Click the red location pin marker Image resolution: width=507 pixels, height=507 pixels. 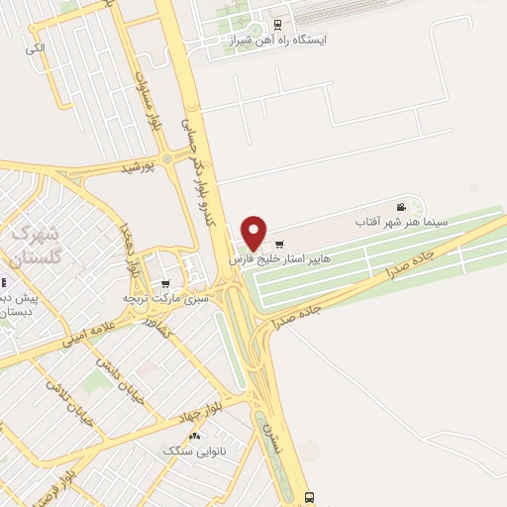coord(254,232)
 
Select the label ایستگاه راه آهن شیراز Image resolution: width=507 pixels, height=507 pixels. coord(280,41)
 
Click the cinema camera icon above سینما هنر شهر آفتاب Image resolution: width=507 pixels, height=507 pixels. coord(401,207)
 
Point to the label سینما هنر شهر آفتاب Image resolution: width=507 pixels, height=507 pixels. coord(402,224)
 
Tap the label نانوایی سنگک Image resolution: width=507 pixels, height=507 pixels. coord(194,451)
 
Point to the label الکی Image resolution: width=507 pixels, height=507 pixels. coord(36,48)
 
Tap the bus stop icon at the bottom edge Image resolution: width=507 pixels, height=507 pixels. coord(311,497)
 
